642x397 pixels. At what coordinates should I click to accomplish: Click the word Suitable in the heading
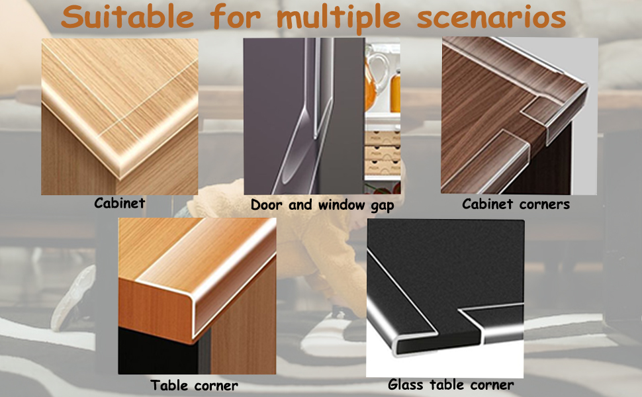tap(127, 17)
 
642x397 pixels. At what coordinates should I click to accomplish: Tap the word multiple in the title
tap(339, 19)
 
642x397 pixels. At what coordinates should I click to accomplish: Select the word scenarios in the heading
tap(491, 17)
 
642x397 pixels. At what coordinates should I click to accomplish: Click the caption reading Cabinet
tap(120, 202)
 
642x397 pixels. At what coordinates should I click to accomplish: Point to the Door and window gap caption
tap(322, 205)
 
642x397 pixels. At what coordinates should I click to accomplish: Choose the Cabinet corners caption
tap(516, 204)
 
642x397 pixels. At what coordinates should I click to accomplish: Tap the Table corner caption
tap(194, 385)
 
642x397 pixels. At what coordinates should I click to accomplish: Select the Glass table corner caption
tap(451, 384)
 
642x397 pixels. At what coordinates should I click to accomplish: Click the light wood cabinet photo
tap(120, 116)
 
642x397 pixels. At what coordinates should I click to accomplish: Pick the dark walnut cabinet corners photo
tap(519, 115)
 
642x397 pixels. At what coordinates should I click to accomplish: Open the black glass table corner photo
tap(445, 298)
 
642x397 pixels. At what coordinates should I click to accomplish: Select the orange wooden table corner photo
tap(197, 296)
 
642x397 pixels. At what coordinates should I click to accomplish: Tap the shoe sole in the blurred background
tap(73, 298)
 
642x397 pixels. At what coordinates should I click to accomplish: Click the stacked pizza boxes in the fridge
tap(383, 152)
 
